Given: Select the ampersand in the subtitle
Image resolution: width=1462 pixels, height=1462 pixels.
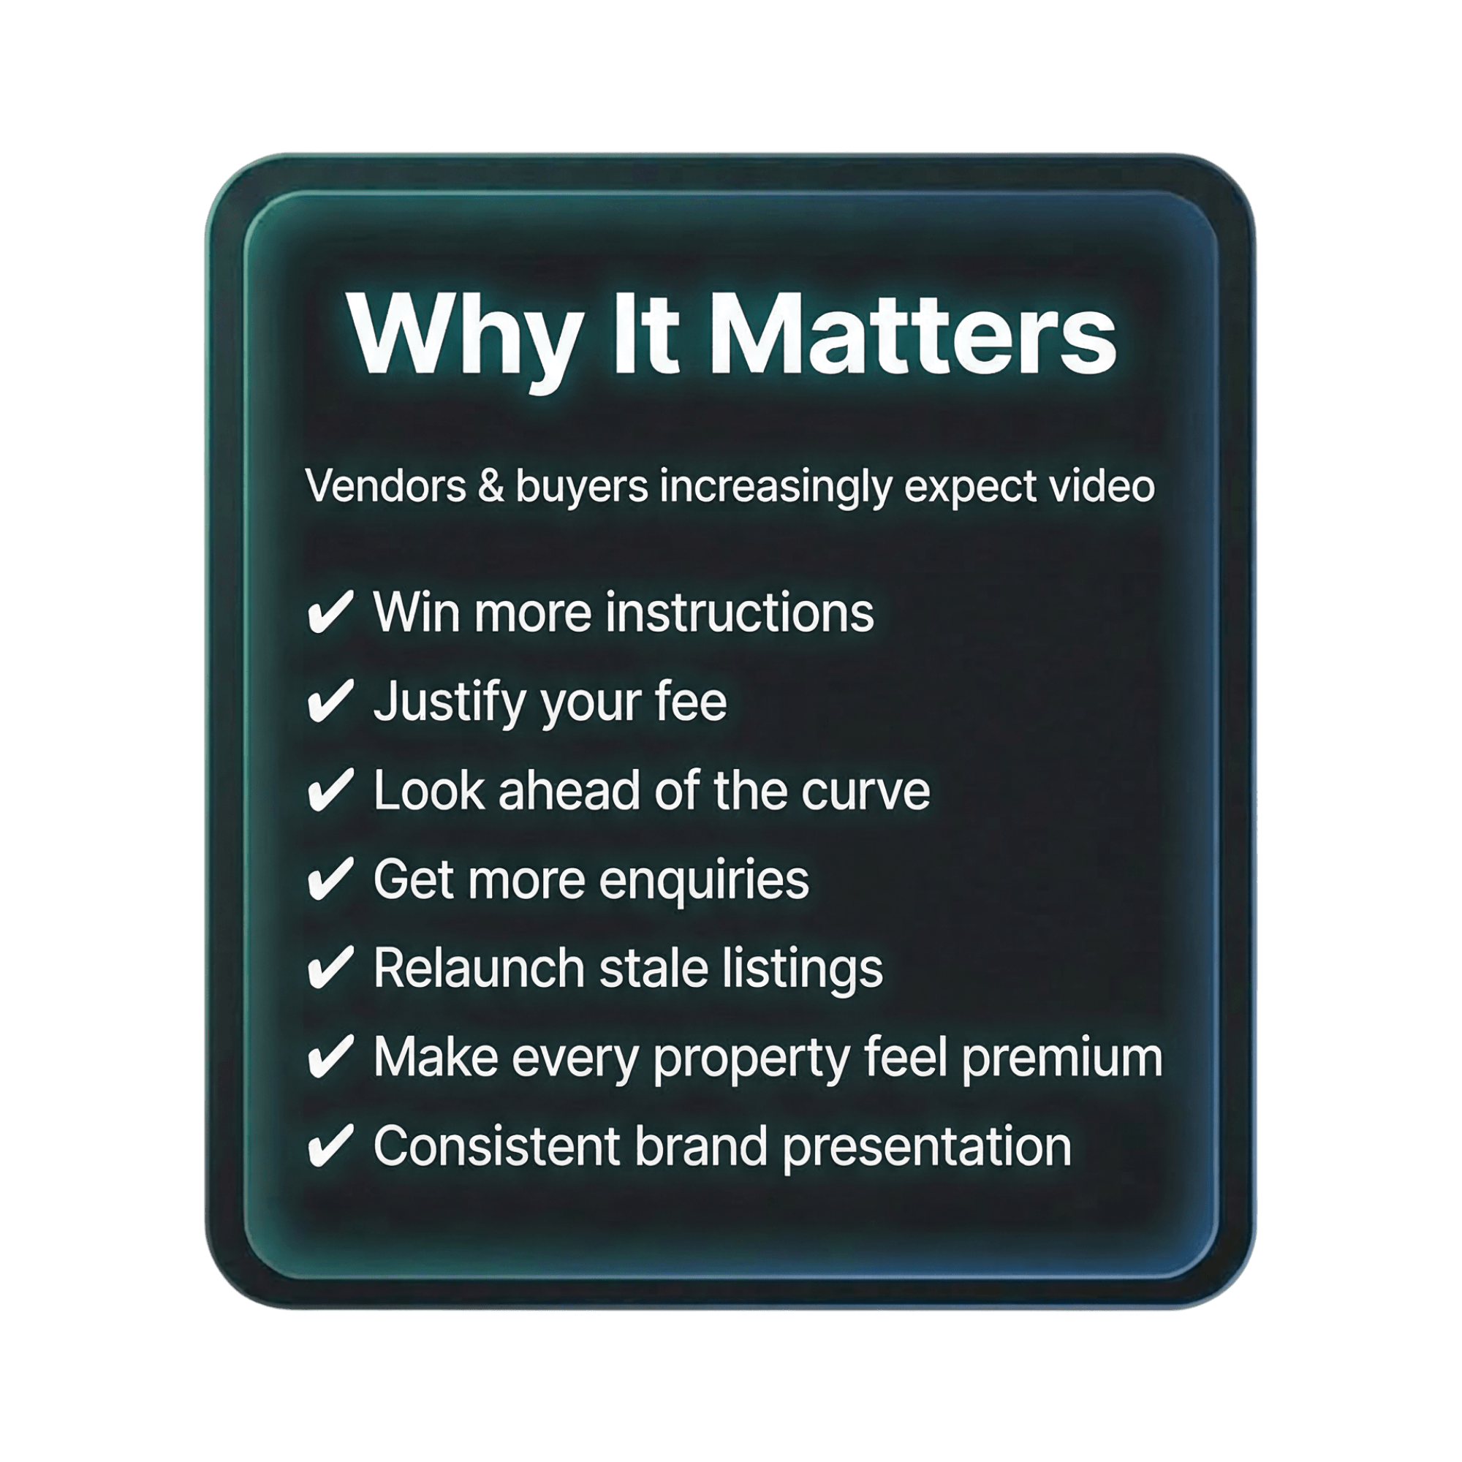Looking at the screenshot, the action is pyautogui.click(x=491, y=486).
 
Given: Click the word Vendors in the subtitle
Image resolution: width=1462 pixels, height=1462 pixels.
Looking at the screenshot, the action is pyautogui.click(x=386, y=486).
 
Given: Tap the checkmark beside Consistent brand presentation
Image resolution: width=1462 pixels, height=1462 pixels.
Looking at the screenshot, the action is pyautogui.click(x=330, y=1145).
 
